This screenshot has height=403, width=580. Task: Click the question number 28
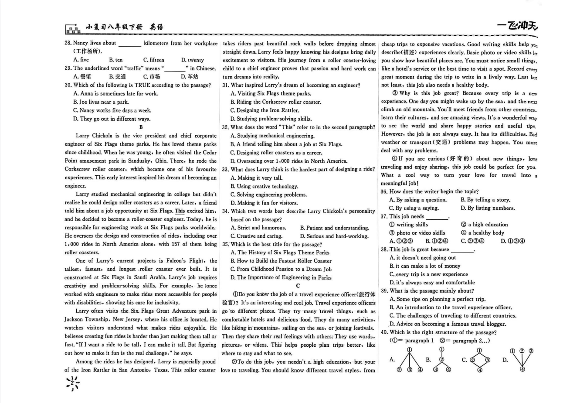pyautogui.click(x=68, y=43)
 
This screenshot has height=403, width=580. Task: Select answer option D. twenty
pyautogui.click(x=192, y=60)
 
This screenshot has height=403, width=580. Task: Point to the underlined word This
pyautogui.click(x=180, y=211)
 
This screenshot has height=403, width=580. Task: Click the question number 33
pyautogui.click(x=225, y=170)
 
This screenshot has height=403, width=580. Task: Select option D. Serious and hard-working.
pyautogui.click(x=334, y=236)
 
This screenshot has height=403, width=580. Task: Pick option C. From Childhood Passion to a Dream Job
pyautogui.click(x=281, y=269)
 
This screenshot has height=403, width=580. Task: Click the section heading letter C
pyautogui.click(x=298, y=286)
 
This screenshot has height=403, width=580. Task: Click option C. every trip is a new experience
pyautogui.click(x=429, y=274)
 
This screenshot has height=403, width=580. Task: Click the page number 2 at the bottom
pyautogui.click(x=72, y=383)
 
